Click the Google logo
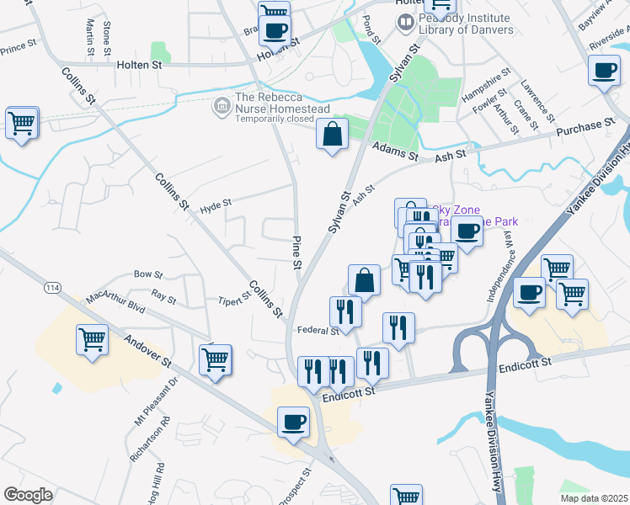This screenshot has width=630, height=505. pos(28,495)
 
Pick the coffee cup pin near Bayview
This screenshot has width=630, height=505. pos(605,71)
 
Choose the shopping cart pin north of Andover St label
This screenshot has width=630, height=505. pos(93,340)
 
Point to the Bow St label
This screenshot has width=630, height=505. pos(147,274)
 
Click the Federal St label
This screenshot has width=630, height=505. pos(318,331)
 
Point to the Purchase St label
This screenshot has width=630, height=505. pos(585,127)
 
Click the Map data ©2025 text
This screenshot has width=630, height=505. pos(593,497)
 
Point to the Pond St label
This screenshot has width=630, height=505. pos(371,29)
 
